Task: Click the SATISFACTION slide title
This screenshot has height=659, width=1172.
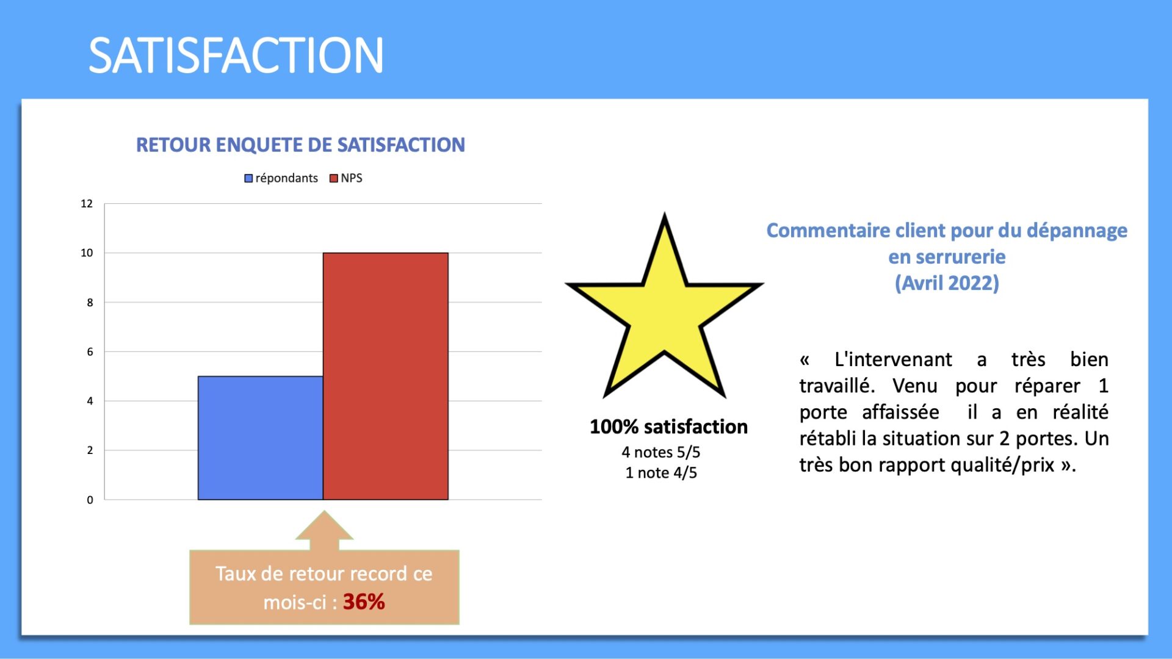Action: click(236, 56)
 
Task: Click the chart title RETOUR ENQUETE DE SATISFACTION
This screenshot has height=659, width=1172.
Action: click(300, 145)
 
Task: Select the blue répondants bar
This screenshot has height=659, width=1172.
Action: click(261, 438)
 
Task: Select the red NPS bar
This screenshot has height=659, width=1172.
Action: click(386, 376)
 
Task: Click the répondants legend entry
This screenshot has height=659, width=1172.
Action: click(281, 178)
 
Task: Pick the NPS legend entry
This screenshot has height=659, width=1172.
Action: click(346, 178)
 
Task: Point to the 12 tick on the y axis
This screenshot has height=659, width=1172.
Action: click(87, 204)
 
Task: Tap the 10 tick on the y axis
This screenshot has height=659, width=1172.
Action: click(87, 253)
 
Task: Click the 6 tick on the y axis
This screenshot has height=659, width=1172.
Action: click(90, 351)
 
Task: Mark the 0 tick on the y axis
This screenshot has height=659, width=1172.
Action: click(90, 500)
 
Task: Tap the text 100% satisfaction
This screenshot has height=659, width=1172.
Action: click(668, 427)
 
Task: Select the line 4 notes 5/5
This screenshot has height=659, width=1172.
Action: click(661, 452)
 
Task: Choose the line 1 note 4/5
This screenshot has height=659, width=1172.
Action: click(661, 473)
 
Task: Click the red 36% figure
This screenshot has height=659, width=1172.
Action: click(364, 602)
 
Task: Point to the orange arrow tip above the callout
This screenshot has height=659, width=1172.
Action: click(324, 511)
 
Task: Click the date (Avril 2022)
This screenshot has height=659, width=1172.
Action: click(947, 283)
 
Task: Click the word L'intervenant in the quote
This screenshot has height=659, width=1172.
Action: click(893, 359)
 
